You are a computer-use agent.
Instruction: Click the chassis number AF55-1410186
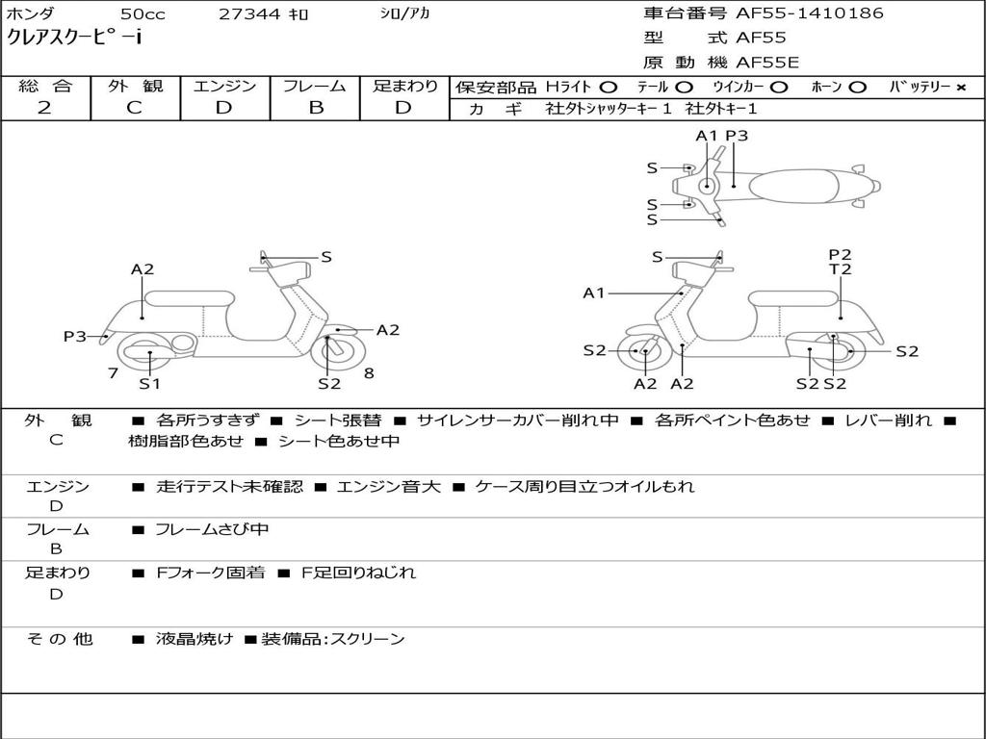click(810, 13)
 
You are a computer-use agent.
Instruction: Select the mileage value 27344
click(249, 13)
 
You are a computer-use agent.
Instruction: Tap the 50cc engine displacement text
click(143, 13)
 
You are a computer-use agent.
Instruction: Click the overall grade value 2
click(44, 108)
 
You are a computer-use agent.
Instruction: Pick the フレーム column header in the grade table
click(315, 86)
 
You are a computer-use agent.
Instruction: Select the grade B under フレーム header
click(316, 108)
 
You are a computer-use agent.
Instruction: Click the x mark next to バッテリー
click(961, 88)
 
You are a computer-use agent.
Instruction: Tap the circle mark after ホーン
click(858, 88)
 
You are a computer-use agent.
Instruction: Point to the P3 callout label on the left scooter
click(74, 336)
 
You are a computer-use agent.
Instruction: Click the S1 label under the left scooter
click(149, 383)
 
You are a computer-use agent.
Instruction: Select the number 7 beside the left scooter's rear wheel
click(114, 373)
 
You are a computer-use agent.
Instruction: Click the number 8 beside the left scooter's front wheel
click(369, 373)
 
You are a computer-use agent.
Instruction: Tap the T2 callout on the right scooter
click(840, 269)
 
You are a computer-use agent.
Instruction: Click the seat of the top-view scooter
click(793, 187)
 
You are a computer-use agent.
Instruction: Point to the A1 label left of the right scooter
click(593, 293)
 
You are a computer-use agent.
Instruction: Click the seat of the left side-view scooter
click(190, 298)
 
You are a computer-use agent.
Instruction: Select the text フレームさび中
click(212, 530)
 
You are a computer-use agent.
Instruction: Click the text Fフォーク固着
click(210, 573)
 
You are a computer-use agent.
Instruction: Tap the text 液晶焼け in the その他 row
click(195, 639)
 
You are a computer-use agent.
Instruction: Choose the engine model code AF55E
click(767, 63)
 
